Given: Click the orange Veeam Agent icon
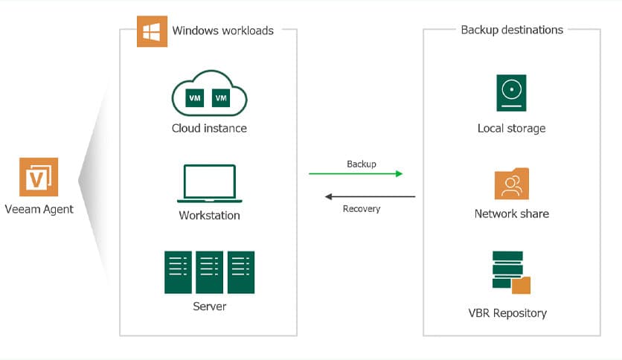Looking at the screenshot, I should point(39,177).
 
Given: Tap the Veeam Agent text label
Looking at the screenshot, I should point(39,209).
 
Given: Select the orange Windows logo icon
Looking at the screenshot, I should point(152,31).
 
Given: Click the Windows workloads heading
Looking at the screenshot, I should point(222,30).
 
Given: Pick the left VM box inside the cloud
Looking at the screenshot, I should point(194,97).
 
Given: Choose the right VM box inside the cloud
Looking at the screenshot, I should point(220,97).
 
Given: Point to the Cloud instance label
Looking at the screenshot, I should point(209,128).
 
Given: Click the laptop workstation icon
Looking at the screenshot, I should point(209,183).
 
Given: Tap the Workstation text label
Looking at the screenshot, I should point(209,216).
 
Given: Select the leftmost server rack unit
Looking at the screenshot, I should point(178,271).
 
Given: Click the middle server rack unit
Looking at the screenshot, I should point(209,271).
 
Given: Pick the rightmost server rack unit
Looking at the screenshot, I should point(241,271).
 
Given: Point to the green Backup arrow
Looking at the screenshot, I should point(356,174).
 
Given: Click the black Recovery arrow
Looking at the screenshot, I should point(370,197).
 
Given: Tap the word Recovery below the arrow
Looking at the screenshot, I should point(362,209).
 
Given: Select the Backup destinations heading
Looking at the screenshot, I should point(512,30).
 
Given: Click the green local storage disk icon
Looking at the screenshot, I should point(511,93).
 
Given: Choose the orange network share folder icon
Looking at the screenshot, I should point(511,184).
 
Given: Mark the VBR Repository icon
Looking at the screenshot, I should point(510,273).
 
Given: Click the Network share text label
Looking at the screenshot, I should point(511,213).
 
